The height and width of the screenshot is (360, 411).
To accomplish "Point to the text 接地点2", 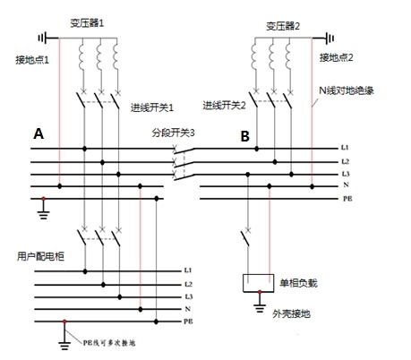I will [x=337, y=56].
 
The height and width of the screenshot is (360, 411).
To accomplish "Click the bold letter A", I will [x=38, y=133].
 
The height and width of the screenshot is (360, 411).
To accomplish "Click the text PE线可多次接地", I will [x=111, y=342].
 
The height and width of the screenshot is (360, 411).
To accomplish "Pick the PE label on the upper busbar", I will [x=347, y=199].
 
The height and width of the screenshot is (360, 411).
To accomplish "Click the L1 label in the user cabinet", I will [x=188, y=270].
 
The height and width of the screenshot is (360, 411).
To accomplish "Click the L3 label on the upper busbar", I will [x=346, y=173].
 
